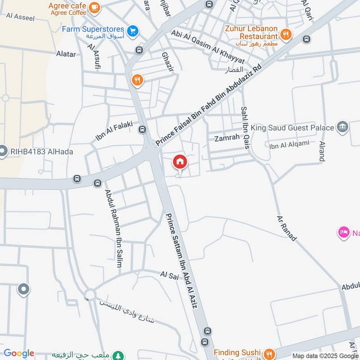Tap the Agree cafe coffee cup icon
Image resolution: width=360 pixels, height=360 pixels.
coord(94,7)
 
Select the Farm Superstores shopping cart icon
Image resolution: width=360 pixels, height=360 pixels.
coord(132,31)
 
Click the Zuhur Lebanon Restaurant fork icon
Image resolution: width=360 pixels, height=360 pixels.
coord(285,34)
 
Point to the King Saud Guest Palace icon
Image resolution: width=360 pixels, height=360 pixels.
coord(342,127)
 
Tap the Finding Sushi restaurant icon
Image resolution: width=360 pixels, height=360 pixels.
coord(269,353)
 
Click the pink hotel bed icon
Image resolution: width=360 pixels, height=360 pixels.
coord(344,233)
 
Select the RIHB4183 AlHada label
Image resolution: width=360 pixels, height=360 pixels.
coord(41,152)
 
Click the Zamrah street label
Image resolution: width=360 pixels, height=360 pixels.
coord(227,138)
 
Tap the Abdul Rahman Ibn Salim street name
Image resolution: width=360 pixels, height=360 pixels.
coord(113,228)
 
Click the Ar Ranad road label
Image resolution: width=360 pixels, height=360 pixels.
coord(287,228)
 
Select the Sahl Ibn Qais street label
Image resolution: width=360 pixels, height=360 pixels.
coord(244,121)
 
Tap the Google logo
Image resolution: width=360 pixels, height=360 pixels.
coord(18,354)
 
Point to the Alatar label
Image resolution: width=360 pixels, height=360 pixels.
coord(66,54)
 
